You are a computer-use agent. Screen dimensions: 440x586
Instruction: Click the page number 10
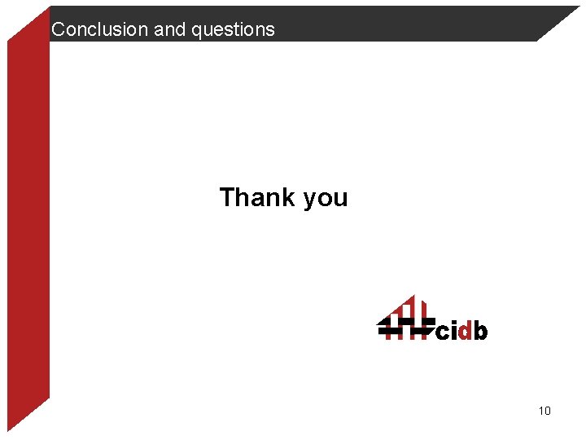click(x=544, y=411)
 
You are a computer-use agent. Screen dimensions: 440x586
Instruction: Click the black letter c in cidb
click(x=443, y=332)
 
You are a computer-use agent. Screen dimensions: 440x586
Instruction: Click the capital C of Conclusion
click(x=58, y=30)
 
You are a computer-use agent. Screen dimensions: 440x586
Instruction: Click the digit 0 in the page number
click(x=548, y=411)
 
